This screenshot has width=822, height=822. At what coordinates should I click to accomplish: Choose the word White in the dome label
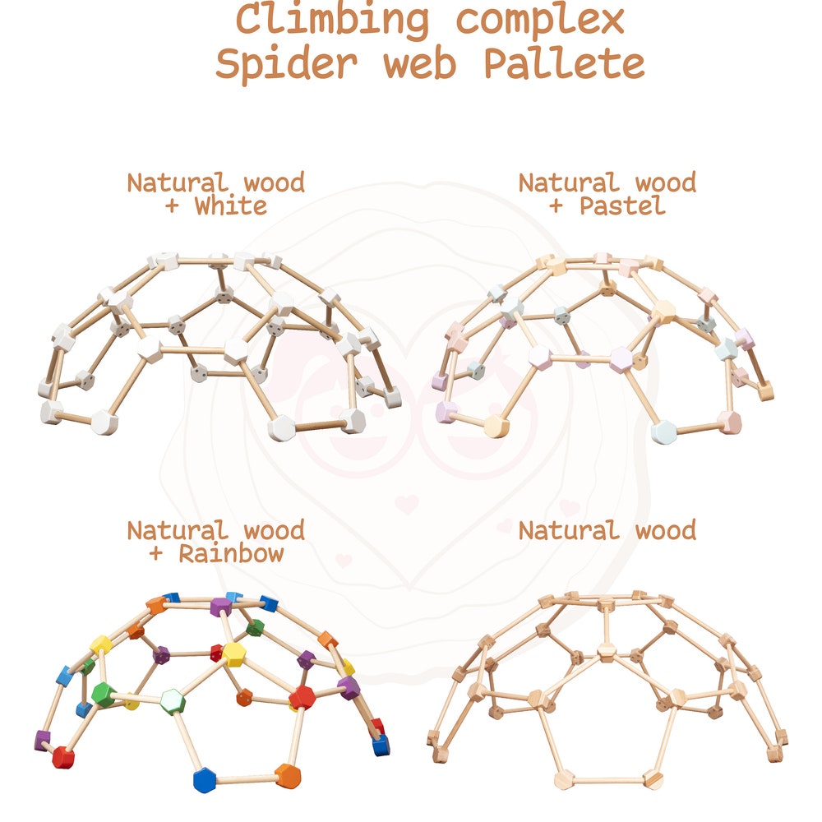click(231, 205)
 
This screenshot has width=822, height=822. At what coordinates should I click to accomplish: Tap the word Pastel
click(622, 205)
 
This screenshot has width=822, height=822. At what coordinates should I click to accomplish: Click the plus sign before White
click(173, 206)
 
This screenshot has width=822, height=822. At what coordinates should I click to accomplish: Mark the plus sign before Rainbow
click(156, 554)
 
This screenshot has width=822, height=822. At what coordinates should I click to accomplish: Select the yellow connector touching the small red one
click(233, 654)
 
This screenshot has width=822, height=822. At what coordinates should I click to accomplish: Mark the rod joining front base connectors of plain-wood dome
click(608, 778)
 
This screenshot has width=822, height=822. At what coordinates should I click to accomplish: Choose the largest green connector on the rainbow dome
click(103, 695)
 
